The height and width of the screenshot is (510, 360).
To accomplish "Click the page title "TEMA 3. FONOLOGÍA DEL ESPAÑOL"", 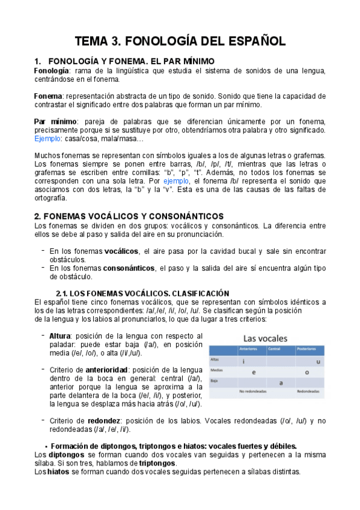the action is tap(180, 41).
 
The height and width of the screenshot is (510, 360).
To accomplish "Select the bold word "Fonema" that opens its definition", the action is tap(48, 96).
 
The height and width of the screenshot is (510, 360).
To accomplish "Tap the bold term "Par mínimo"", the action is tap(55, 121).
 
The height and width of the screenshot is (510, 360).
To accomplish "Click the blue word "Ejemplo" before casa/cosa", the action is tap(49, 138).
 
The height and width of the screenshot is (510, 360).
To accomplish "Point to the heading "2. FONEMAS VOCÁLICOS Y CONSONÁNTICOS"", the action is tap(129, 216).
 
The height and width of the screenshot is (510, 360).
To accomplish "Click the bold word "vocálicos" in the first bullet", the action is tap(121, 251).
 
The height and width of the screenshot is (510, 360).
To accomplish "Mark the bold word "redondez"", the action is tap(106, 421).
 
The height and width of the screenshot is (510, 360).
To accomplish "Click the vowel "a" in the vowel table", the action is tap(281, 382).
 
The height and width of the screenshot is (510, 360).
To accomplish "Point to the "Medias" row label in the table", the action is tap(216, 370).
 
